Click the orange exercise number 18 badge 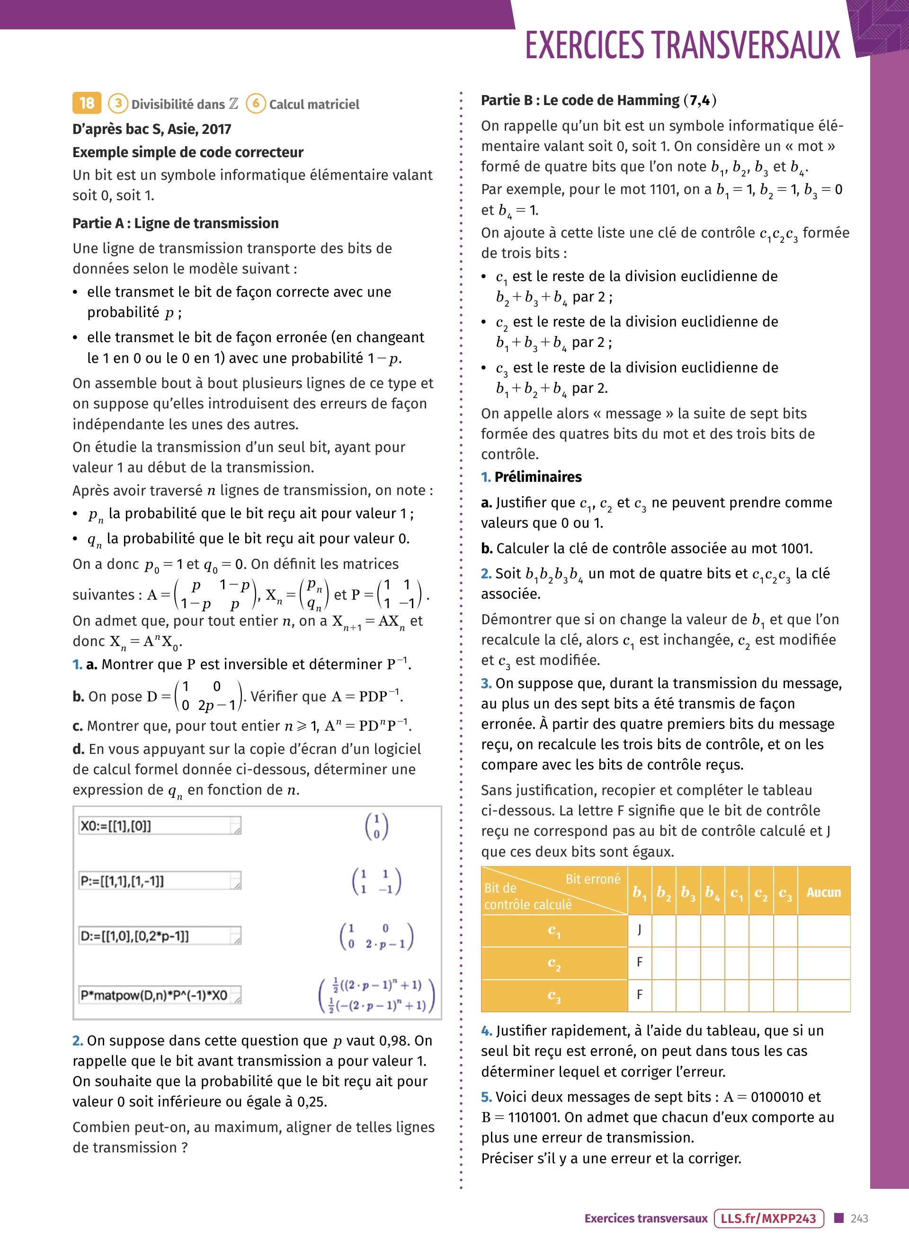tap(87, 103)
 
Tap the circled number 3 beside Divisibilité tap(117, 103)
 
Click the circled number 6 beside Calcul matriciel tap(256, 103)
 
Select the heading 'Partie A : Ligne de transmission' tap(175, 223)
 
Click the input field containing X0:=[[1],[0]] tap(160, 826)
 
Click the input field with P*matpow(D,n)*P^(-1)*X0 tap(160, 995)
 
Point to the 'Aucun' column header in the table tap(823, 892)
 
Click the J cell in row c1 tap(640, 929)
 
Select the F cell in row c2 tap(640, 962)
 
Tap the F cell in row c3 tap(640, 995)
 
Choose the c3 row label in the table tap(554, 995)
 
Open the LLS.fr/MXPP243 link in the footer tap(769, 1218)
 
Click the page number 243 tap(859, 1218)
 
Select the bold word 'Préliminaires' tap(538, 477)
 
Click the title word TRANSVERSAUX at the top tap(746, 45)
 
